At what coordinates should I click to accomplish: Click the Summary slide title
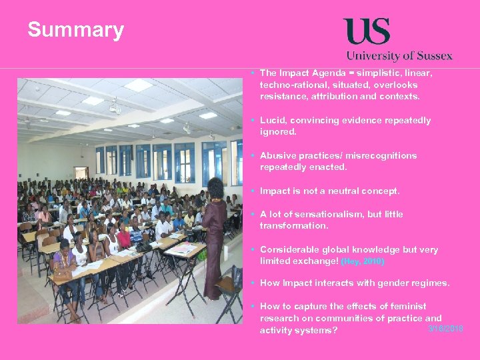[75, 30]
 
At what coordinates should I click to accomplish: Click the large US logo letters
[366, 31]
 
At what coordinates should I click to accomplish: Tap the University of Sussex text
[399, 56]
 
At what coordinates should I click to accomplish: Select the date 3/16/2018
[446, 329]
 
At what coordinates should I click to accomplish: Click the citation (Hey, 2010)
[363, 262]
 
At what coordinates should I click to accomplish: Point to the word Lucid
[273, 121]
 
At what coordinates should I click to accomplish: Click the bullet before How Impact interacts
[253, 283]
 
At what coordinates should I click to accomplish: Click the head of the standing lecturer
[215, 187]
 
